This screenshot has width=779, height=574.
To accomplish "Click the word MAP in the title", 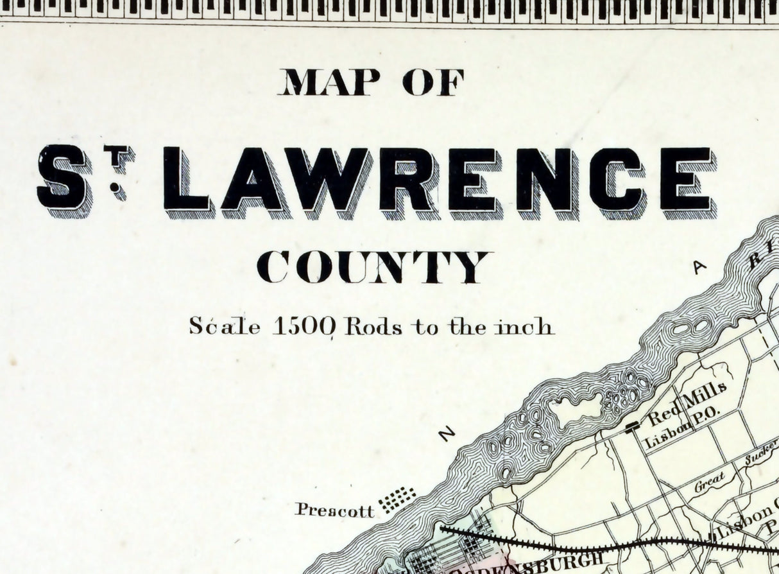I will pyautogui.click(x=329, y=82).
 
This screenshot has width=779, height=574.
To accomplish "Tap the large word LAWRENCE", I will pyautogui.click(x=438, y=180).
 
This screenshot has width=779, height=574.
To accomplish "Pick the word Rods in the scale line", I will pyautogui.click(x=373, y=327).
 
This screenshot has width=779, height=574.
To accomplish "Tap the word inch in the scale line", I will pyautogui.click(x=524, y=327).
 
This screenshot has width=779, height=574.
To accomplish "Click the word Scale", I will pyautogui.click(x=225, y=326).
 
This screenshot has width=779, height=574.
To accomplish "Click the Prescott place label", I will pyautogui.click(x=334, y=510).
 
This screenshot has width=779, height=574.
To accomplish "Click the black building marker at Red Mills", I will pyautogui.click(x=632, y=425).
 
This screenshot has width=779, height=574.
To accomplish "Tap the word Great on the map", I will pyautogui.click(x=710, y=481).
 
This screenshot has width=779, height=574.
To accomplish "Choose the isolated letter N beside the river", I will pyautogui.click(x=447, y=433).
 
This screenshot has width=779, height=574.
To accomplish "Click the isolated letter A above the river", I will pyautogui.click(x=699, y=268).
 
